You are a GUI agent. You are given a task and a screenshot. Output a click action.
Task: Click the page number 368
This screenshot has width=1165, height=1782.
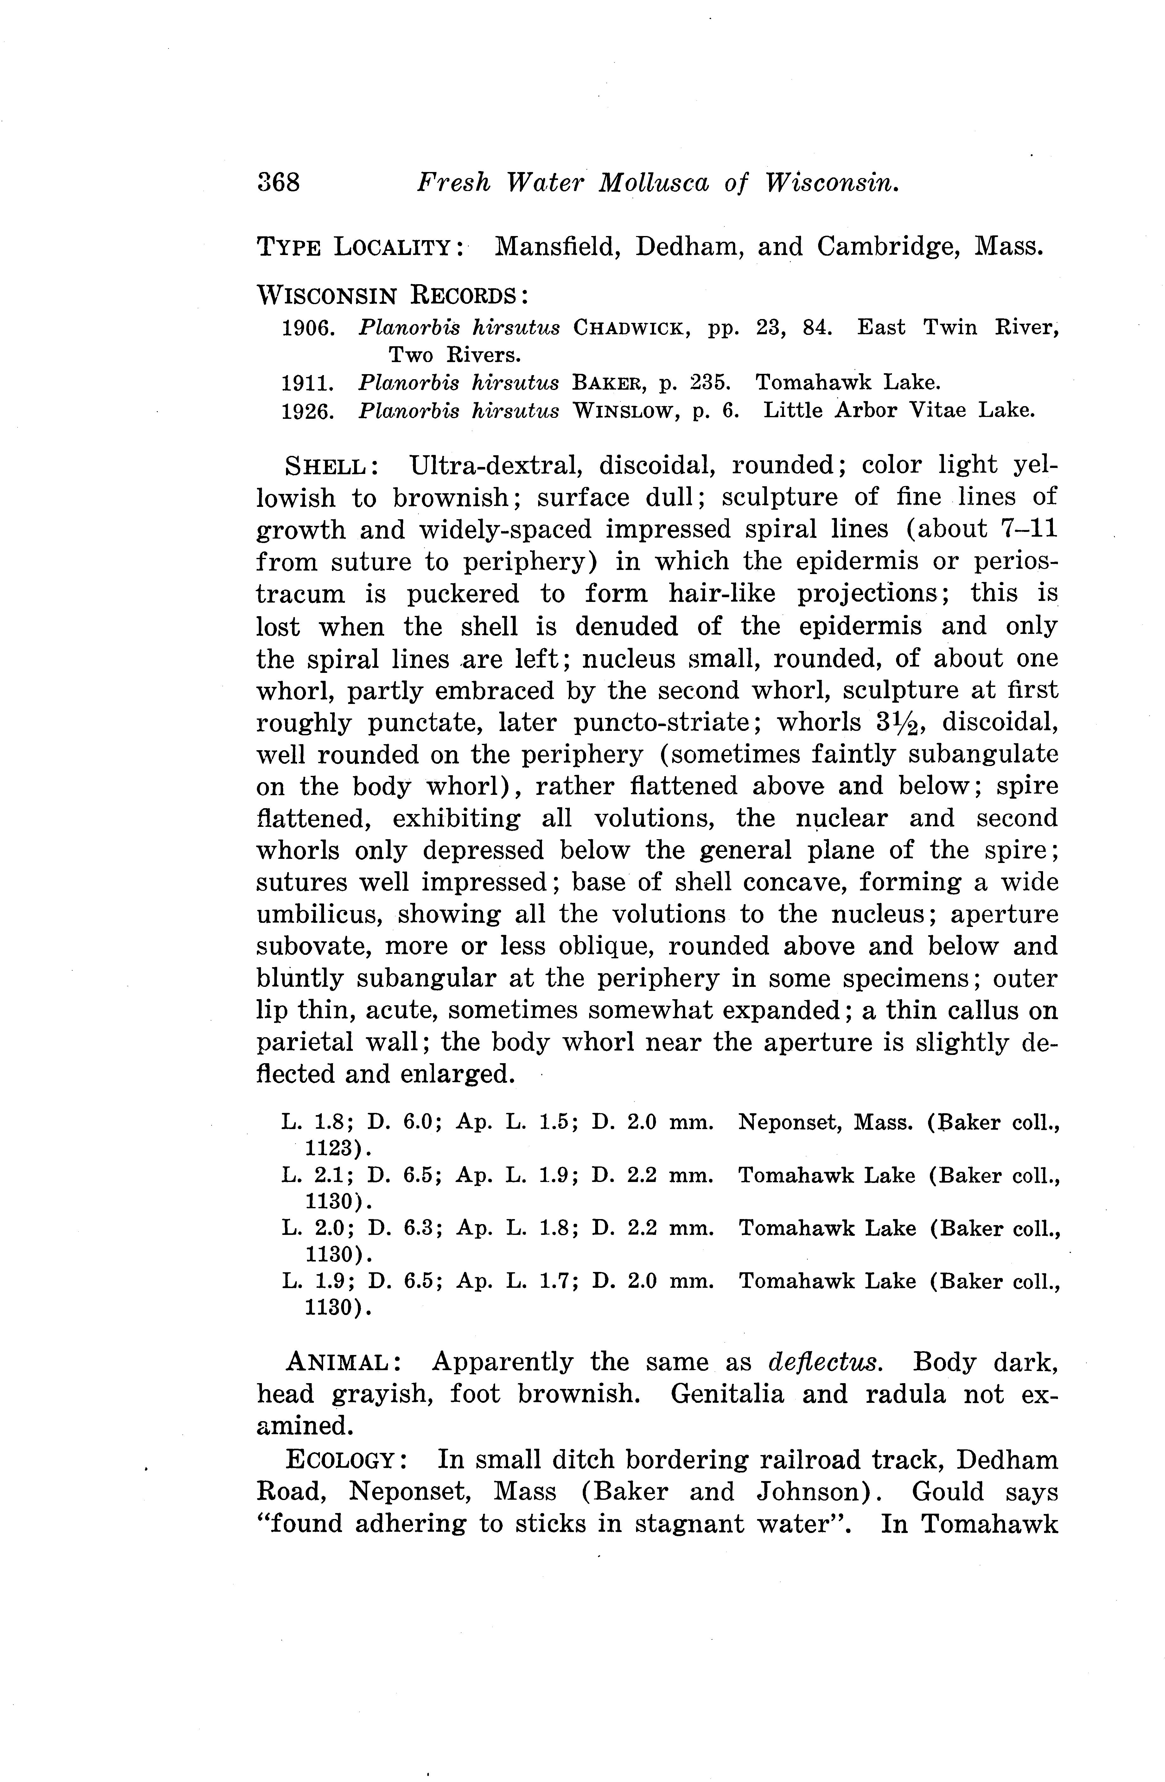278,182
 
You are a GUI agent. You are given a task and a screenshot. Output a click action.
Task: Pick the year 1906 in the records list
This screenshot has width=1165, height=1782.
307,328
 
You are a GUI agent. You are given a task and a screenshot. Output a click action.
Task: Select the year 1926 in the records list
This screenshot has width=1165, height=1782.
307,411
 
